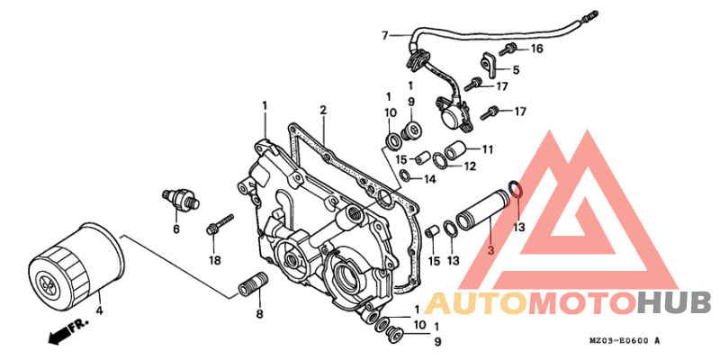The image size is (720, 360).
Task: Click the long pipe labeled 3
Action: click(x=481, y=214)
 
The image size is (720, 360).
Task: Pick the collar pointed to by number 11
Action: click(x=454, y=150)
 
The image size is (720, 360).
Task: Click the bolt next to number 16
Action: click(x=508, y=49)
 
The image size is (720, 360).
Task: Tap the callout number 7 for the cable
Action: click(x=385, y=35)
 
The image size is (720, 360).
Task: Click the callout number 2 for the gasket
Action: click(x=323, y=110)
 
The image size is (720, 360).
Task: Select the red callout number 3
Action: click(x=490, y=251)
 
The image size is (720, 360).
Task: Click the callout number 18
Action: click(x=215, y=261)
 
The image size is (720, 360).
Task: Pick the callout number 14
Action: click(x=429, y=180)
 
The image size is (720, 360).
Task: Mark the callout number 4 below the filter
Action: click(x=100, y=310)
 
